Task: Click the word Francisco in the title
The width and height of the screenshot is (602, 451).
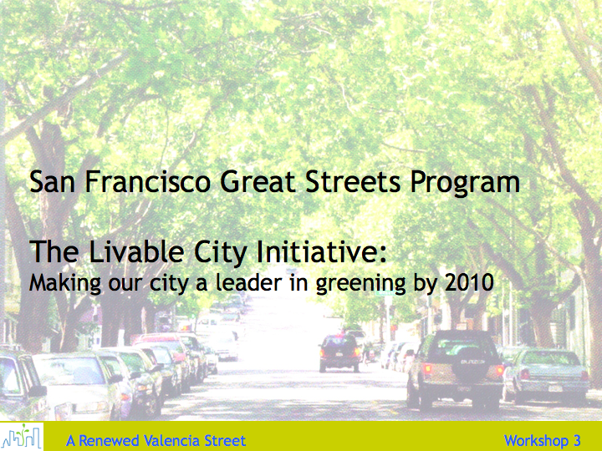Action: [x=147, y=182]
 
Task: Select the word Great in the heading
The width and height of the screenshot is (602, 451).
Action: [x=258, y=182]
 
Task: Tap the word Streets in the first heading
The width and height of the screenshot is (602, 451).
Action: [x=353, y=182]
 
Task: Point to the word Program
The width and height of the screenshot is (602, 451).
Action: [x=466, y=184]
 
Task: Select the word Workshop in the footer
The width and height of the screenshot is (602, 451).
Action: [x=536, y=442]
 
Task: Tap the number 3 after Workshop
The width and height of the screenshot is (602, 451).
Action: [x=577, y=441]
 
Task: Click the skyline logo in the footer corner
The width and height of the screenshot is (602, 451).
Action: [x=22, y=437]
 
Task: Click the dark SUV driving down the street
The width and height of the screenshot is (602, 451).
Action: [x=340, y=353]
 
